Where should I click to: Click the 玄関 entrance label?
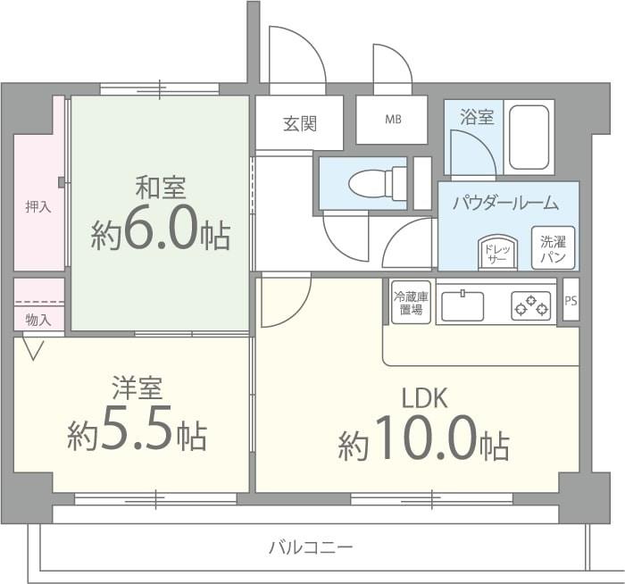(300, 124)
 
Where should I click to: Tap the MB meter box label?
(392, 120)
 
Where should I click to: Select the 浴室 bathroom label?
(477, 117)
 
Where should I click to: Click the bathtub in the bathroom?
(529, 137)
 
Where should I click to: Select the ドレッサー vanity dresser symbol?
(497, 253)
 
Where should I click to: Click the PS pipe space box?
(571, 301)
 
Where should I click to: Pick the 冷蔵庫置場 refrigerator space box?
(411, 302)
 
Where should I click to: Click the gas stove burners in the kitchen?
(530, 306)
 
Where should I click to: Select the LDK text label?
(423, 397)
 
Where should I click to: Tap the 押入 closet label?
(38, 206)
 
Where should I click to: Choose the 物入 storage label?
(38, 319)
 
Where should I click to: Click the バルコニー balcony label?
(312, 546)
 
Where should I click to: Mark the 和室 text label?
(160, 188)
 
